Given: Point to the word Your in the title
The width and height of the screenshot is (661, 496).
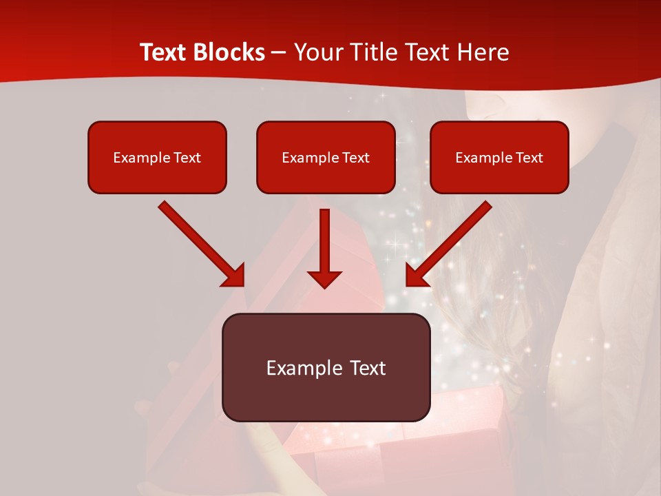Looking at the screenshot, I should point(315,52).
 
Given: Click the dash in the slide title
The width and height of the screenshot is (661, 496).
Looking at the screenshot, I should point(279,53).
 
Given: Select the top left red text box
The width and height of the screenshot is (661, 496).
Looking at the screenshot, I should point(157,157).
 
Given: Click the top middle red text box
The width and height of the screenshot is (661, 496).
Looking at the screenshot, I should point(326,157).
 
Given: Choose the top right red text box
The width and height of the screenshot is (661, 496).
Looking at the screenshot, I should point(499,157).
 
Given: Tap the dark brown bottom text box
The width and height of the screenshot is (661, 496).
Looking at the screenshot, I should point(326,367).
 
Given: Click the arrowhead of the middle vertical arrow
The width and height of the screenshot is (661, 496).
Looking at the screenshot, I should point(324,278).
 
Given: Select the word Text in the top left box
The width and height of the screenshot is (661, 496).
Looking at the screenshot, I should point(187,158).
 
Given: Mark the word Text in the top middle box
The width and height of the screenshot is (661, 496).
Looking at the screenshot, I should point(356,158).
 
